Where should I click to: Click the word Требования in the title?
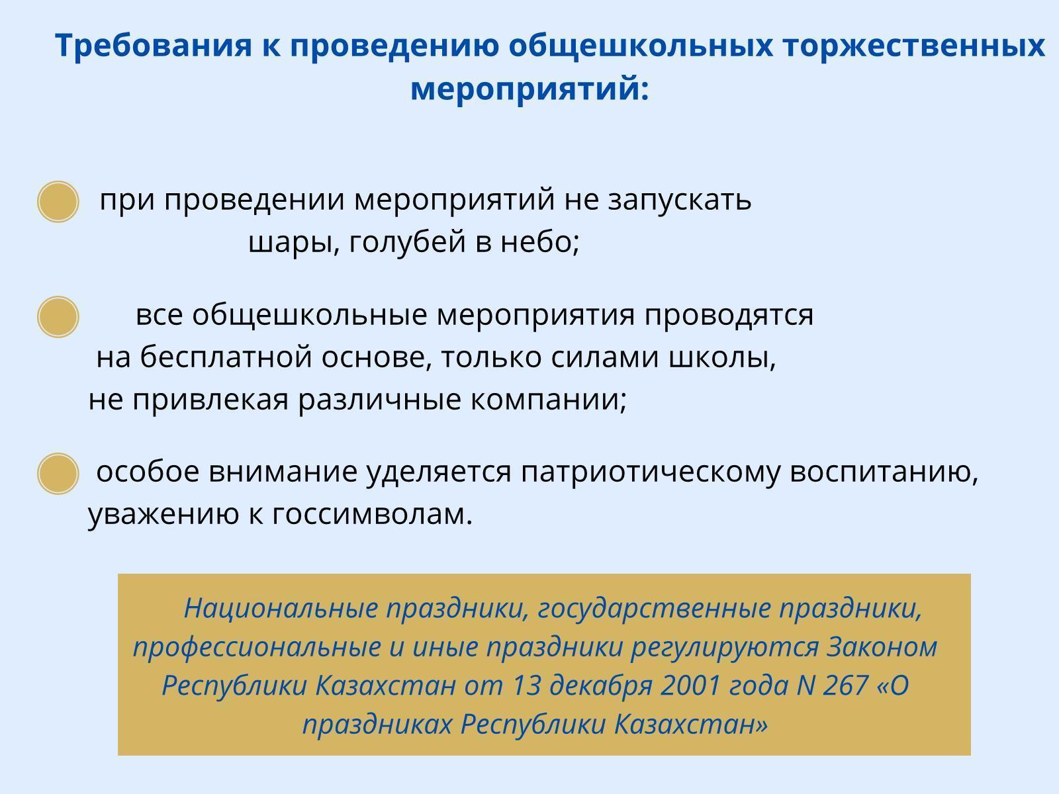click(154, 46)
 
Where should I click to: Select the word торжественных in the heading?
click(913, 46)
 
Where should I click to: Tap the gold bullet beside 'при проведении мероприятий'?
click(58, 202)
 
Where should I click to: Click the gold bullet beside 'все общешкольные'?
click(58, 317)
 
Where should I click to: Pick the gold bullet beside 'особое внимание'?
click(58, 473)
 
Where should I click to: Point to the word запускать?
click(679, 200)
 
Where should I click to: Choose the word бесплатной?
click(226, 357)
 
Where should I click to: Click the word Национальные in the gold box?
click(281, 608)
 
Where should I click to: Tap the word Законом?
click(882, 647)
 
